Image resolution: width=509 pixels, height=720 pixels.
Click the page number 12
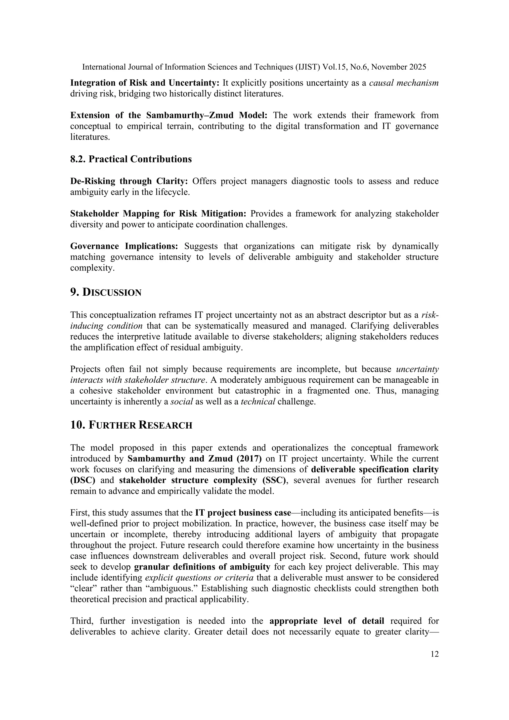tap(434, 654)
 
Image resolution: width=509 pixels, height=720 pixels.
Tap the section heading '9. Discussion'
tap(106, 292)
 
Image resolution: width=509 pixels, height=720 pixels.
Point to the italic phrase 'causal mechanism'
tap(404, 83)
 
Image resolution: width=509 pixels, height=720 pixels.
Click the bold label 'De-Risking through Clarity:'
tap(129, 181)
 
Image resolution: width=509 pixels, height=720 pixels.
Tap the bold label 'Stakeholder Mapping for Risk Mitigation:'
tap(158, 214)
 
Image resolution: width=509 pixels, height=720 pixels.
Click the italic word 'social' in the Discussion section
tap(181, 402)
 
